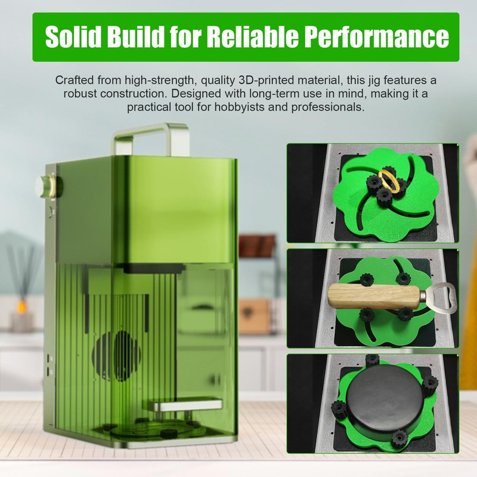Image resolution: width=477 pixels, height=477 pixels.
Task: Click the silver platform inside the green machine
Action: click(185, 405)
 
